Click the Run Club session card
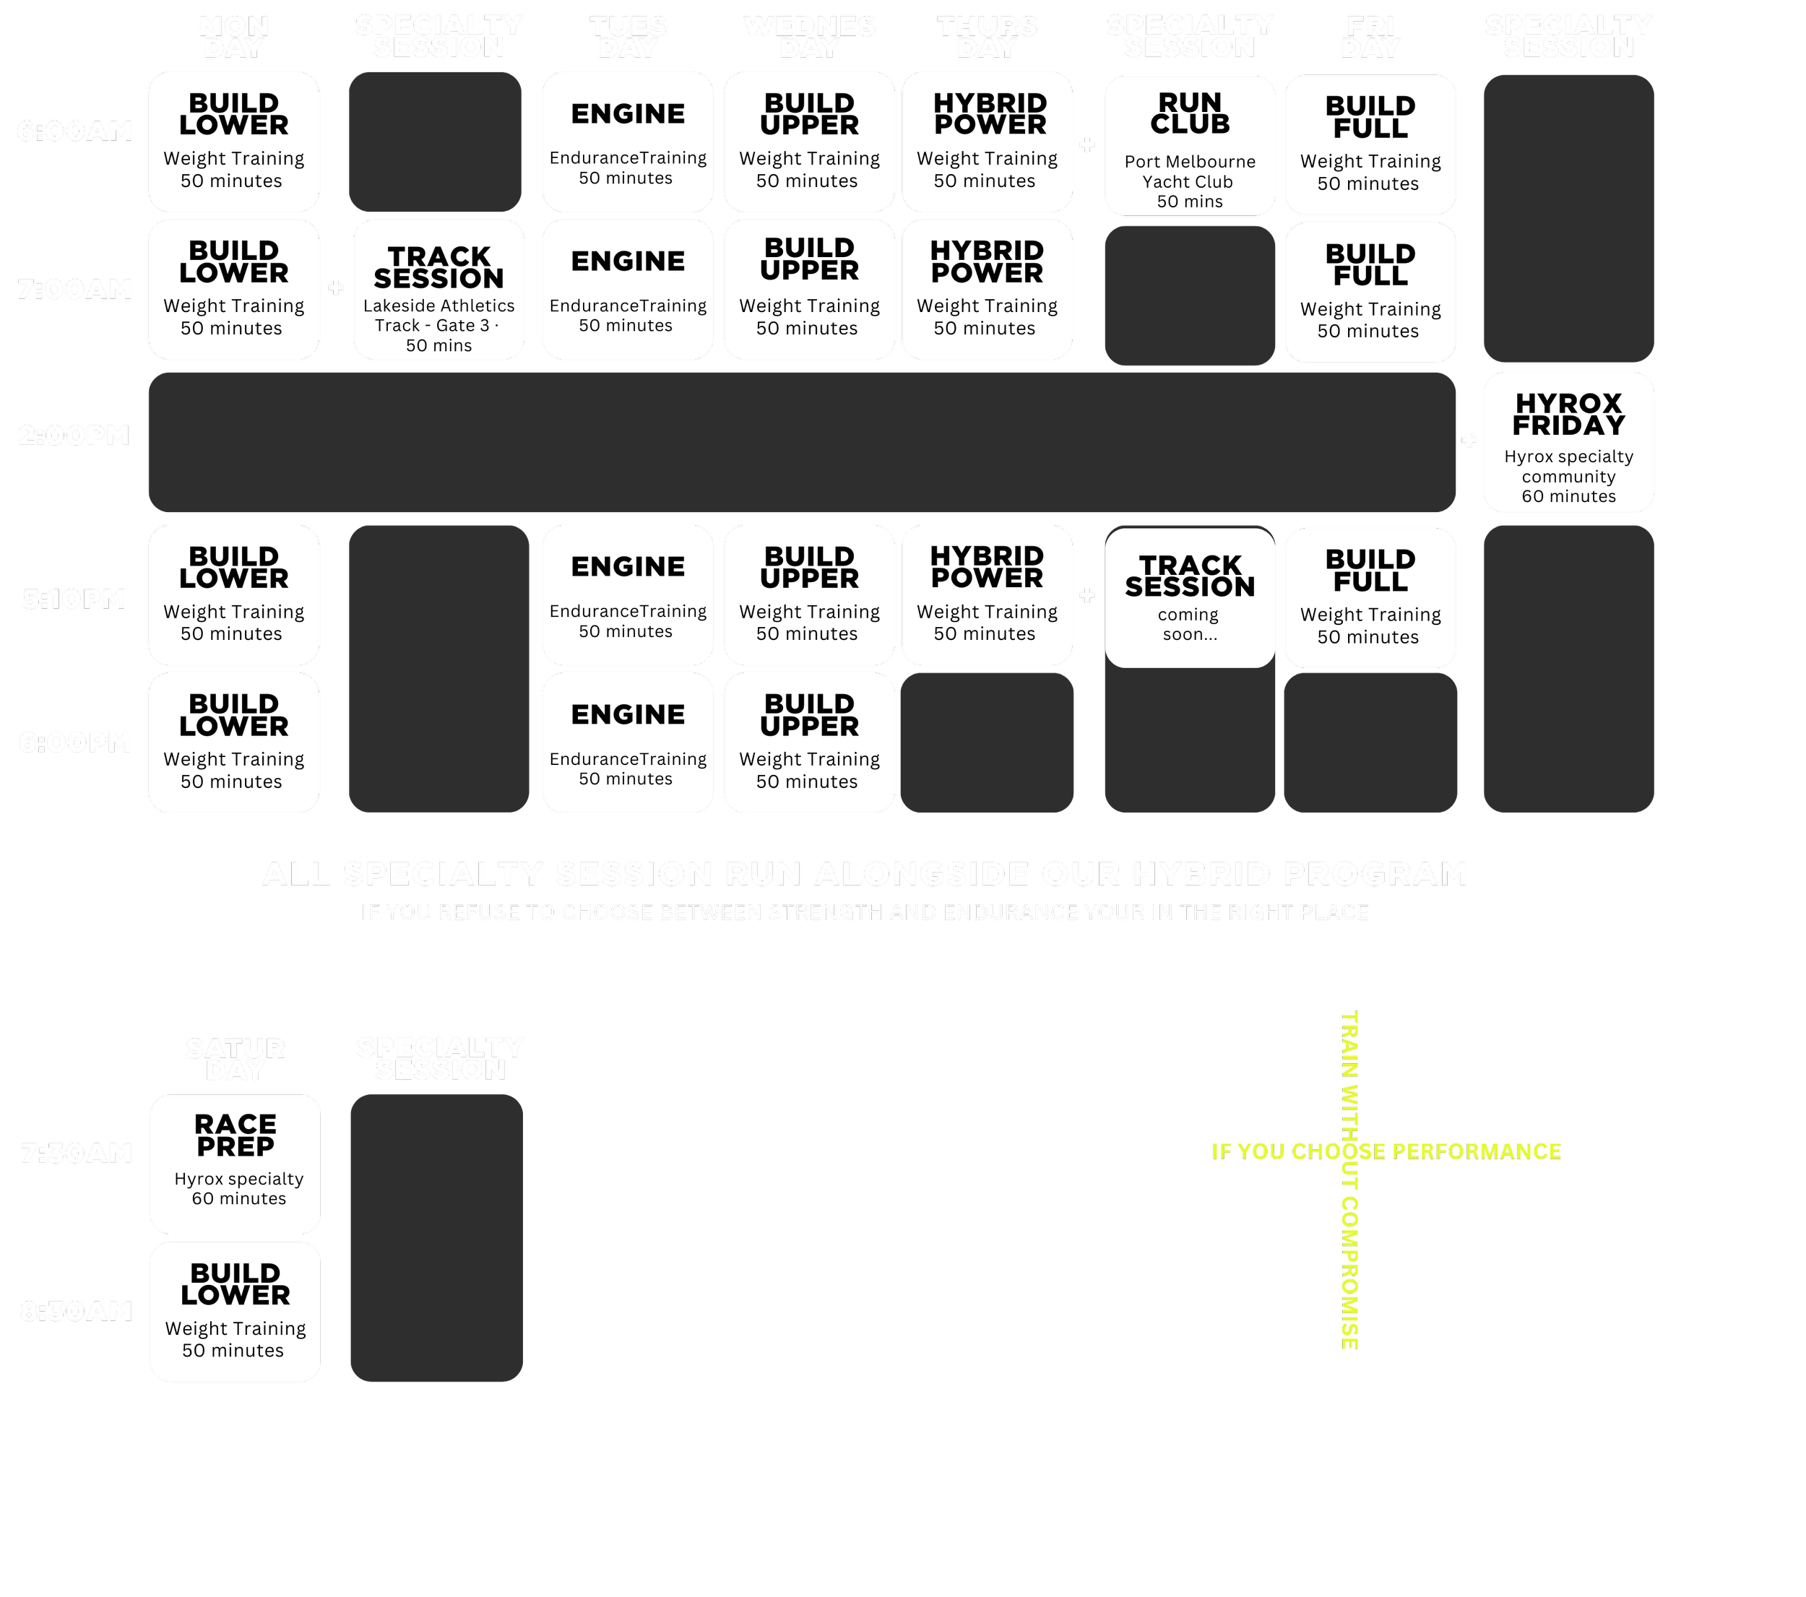1189,146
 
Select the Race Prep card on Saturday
235,1164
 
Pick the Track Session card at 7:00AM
438,290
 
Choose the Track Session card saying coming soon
1189,597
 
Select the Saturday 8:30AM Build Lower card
235,1312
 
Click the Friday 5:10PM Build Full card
1370,598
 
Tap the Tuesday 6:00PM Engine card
627,743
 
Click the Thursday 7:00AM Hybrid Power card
987,290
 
